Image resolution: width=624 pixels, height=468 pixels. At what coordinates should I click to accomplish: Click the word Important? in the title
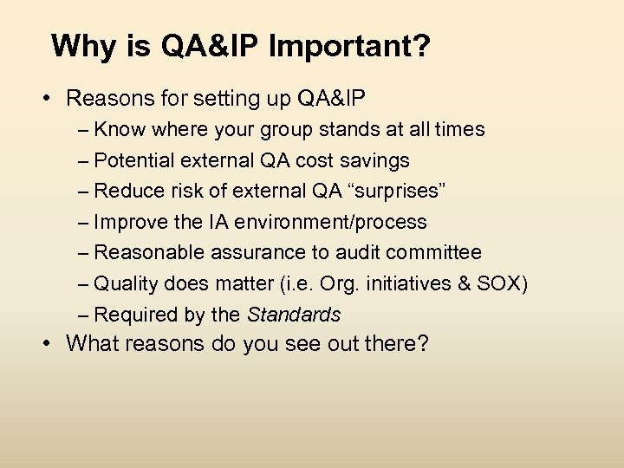pyautogui.click(x=349, y=47)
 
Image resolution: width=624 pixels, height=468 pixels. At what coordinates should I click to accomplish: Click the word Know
pyautogui.click(x=120, y=130)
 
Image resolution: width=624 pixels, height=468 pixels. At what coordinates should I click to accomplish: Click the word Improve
pyautogui.click(x=129, y=222)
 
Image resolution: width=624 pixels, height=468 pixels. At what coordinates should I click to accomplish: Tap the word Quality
pyautogui.click(x=124, y=283)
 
